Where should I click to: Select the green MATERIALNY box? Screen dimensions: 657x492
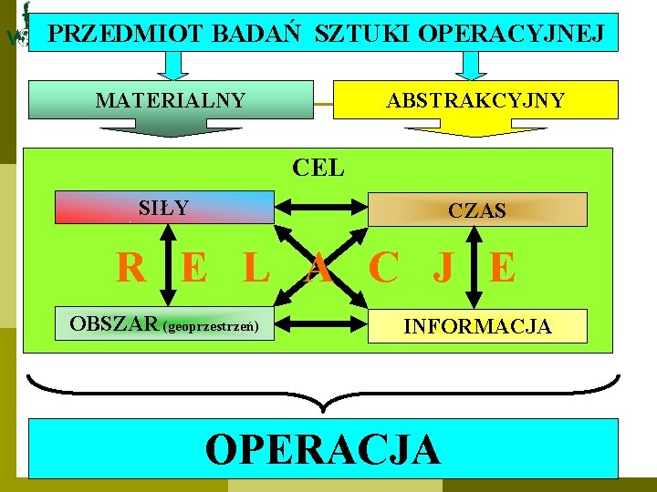coord(171,99)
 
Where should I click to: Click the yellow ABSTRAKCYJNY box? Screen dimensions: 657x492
coord(474,99)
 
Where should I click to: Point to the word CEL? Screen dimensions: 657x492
coord(318,168)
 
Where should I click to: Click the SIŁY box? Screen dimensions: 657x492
coord(164,208)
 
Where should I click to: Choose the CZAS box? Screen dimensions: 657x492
coord(476,210)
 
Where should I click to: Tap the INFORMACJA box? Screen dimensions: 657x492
coord(477,326)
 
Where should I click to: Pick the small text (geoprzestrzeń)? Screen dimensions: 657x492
coord(210,326)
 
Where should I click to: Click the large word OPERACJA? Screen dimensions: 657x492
coord(324,449)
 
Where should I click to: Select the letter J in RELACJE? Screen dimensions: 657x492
coord(444,268)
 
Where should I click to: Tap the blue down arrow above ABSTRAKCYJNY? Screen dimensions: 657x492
coord(471,65)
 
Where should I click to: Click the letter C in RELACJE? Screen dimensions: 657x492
coord(383,268)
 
